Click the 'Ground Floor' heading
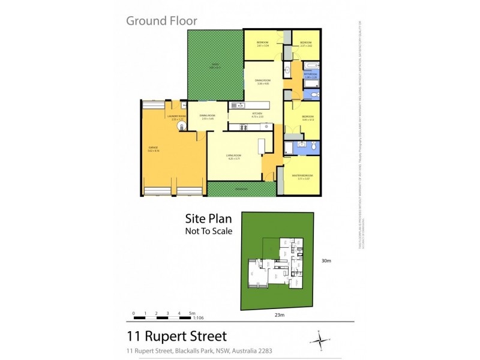click(161, 21)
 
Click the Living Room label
click(233, 157)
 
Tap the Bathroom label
click(310, 75)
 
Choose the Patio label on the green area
click(215, 67)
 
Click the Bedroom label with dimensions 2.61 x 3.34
click(262, 43)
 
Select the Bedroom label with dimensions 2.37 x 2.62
click(306, 43)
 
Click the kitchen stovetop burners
click(244, 127)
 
